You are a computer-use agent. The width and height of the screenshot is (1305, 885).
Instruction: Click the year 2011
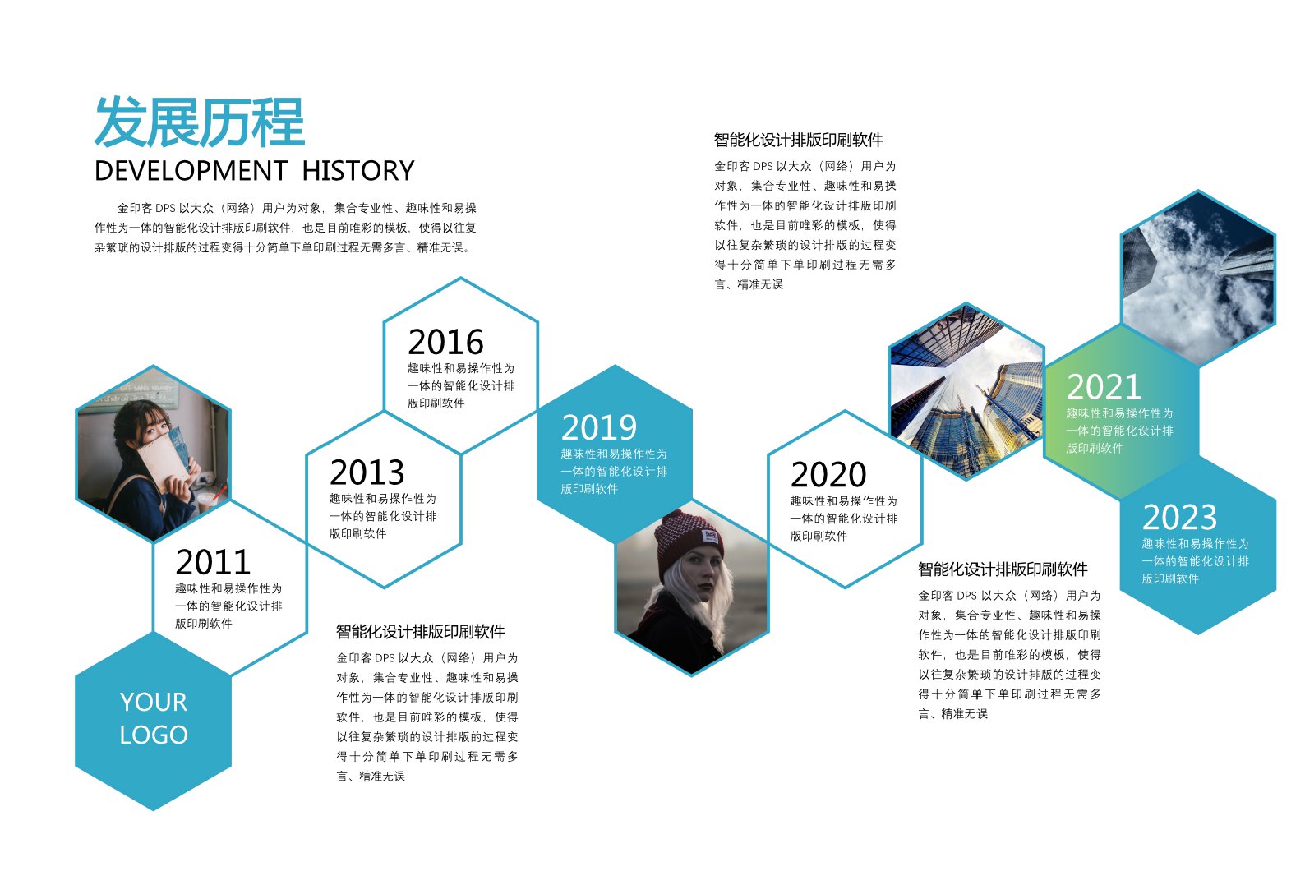[213, 561]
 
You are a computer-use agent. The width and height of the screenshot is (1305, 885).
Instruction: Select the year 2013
[367, 472]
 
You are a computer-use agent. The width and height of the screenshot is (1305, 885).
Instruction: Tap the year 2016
[445, 342]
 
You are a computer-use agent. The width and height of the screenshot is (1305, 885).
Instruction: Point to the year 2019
[599, 427]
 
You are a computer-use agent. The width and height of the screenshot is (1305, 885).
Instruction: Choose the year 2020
[828, 474]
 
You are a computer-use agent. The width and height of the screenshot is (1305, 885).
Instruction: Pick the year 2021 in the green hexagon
[1104, 387]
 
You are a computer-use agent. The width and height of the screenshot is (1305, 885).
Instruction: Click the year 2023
[1180, 517]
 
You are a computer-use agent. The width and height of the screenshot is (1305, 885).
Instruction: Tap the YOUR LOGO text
[154, 718]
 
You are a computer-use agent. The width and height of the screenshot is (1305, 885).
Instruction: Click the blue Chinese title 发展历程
[200, 122]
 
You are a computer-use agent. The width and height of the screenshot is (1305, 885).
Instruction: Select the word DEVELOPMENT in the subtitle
[191, 171]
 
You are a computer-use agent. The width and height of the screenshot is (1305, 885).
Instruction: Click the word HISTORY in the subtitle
[358, 171]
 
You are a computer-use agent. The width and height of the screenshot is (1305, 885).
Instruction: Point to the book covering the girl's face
[165, 458]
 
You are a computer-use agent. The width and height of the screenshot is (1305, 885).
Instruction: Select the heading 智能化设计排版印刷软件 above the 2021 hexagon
[798, 140]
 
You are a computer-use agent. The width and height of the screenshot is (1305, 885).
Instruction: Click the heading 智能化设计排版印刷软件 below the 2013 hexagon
[420, 632]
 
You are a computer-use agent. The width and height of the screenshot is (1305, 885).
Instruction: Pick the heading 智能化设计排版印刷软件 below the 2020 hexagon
[1003, 569]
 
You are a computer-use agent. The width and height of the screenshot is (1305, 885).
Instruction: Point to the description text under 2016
[461, 385]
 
